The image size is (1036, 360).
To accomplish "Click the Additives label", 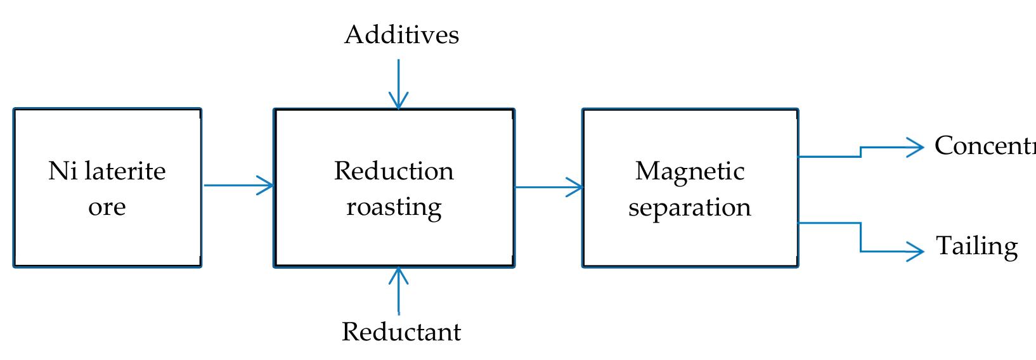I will click(x=401, y=35).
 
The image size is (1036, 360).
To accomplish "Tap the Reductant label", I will click(x=401, y=331).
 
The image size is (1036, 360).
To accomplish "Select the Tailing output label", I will click(x=976, y=246).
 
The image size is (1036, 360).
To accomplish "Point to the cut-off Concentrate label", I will click(x=985, y=146).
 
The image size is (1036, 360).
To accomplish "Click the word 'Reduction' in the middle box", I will click(x=394, y=171).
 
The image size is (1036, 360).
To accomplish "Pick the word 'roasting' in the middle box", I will click(x=394, y=207).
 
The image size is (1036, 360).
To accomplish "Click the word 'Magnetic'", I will click(x=690, y=171).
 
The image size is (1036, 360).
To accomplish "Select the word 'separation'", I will click(x=690, y=207).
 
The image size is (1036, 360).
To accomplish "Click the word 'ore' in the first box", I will click(x=107, y=207).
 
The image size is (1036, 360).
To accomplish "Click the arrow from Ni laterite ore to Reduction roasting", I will click(x=237, y=186).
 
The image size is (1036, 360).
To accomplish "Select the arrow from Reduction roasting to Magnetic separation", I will click(x=548, y=187).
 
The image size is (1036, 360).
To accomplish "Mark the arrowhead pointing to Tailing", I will click(x=916, y=252).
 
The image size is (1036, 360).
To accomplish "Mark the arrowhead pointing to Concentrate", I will click(x=916, y=148).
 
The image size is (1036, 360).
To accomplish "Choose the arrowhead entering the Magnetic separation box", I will click(x=575, y=187).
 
